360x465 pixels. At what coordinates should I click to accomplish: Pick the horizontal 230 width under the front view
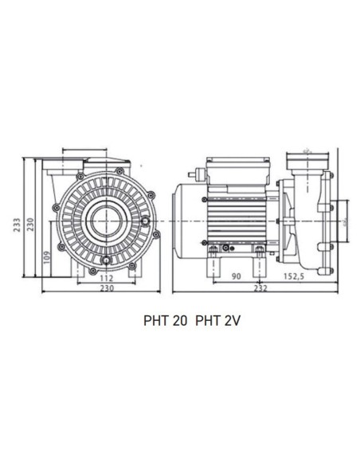(x=107, y=288)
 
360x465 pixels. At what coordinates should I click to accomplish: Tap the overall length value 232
(x=260, y=288)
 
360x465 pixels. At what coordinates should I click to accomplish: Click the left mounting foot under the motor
(x=213, y=256)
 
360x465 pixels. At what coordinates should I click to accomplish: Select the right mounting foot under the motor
(x=259, y=256)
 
